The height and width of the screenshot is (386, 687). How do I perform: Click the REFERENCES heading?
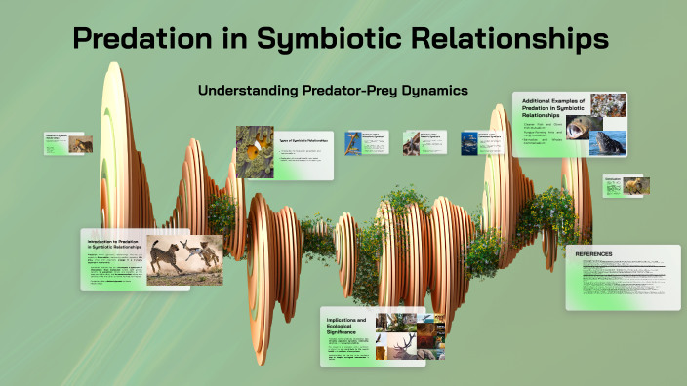pos(594,254)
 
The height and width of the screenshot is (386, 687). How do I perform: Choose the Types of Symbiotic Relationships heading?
pos(303,141)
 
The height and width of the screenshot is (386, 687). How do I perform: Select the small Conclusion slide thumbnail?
pos(626,185)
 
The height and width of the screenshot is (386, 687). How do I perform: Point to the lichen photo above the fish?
pos(607,105)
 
